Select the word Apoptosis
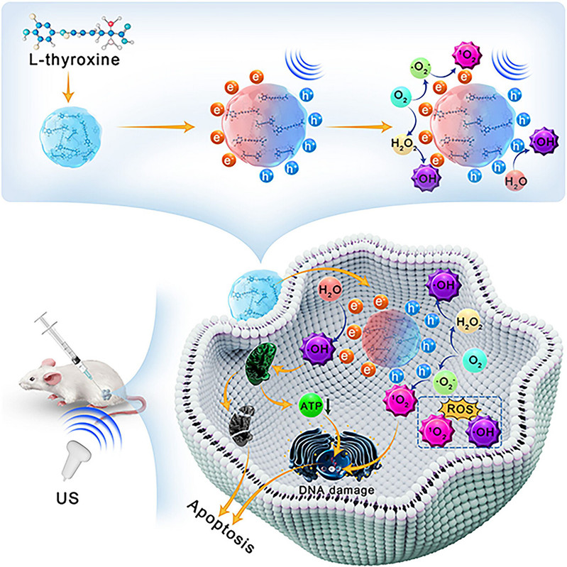tap(221, 526)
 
